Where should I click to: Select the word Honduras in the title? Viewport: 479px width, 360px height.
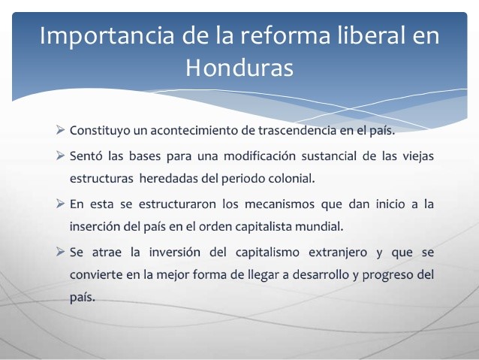239,68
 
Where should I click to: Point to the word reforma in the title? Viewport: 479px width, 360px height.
269,36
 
